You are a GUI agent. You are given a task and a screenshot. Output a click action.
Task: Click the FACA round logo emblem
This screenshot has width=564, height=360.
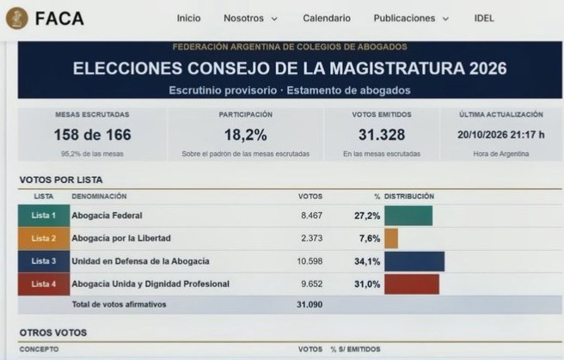pos(17,18)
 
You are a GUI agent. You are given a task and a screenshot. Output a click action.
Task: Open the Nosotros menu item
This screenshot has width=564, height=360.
pos(250,18)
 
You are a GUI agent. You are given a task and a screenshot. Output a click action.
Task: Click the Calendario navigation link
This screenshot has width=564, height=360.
pos(327,18)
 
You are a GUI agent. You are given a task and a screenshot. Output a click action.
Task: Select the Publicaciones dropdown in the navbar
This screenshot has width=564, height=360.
pos(411,18)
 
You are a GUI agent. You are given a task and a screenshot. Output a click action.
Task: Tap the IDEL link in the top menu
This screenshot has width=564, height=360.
pos(484,18)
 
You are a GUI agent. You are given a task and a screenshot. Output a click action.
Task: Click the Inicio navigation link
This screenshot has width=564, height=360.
pos(188,18)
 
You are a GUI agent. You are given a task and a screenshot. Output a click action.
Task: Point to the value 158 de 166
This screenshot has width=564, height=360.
pos(93,135)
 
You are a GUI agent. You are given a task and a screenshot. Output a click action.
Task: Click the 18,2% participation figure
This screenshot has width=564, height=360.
pos(246,135)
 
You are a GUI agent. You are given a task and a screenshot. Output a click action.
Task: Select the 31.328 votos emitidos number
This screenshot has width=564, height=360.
pos(382,135)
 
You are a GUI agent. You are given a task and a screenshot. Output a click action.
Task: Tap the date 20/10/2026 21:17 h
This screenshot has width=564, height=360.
pos(500,135)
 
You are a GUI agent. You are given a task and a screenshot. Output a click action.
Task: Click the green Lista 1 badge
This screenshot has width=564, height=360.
pos(44,216)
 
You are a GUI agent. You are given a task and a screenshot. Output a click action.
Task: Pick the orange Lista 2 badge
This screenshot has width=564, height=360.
pos(44,238)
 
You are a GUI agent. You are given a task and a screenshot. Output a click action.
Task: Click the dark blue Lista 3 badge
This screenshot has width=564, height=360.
pos(44,261)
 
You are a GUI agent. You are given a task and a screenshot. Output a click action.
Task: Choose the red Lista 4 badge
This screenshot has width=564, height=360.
pos(44,284)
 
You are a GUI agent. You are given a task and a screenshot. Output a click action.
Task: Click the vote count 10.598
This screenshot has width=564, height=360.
pos(310,261)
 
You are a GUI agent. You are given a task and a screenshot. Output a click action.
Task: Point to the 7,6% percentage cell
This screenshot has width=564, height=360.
pos(370,238)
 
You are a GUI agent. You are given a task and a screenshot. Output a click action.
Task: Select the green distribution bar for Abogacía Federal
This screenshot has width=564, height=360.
pos(408,216)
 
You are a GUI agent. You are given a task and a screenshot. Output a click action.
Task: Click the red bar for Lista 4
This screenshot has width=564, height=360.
pos(412,284)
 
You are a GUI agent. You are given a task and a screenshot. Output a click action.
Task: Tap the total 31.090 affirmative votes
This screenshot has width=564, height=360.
pos(310,305)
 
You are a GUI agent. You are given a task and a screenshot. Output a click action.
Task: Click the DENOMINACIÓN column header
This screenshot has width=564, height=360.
pos(99,197)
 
